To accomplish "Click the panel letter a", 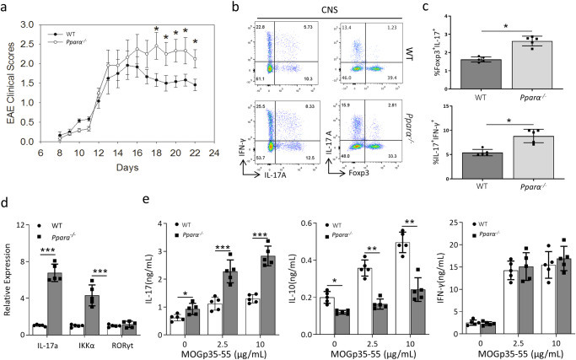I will [x=7, y=8].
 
